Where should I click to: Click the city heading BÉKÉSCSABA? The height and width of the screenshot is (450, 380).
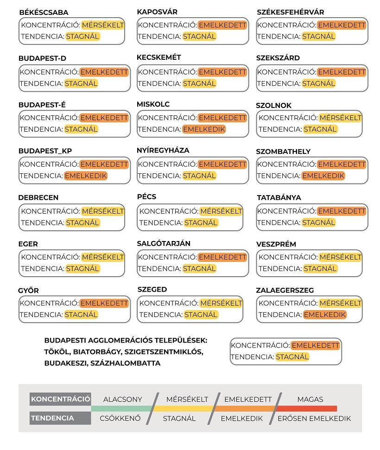click(x=44, y=13)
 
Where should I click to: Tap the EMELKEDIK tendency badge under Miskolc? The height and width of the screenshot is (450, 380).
click(x=204, y=129)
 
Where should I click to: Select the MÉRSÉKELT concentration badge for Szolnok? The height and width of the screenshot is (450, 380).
click(x=340, y=118)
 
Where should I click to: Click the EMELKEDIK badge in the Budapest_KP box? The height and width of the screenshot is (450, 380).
click(x=86, y=176)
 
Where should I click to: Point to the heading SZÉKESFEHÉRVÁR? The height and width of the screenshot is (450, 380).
click(x=291, y=12)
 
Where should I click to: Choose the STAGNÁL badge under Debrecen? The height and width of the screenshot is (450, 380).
click(x=82, y=222)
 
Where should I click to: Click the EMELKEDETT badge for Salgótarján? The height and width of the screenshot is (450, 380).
click(x=222, y=257)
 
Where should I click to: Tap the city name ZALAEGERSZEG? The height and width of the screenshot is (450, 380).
click(x=285, y=290)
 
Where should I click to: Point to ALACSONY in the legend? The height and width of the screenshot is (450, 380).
click(x=123, y=399)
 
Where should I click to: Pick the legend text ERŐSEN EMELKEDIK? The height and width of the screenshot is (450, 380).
click(x=314, y=418)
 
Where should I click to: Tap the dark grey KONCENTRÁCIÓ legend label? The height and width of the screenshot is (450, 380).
click(x=60, y=399)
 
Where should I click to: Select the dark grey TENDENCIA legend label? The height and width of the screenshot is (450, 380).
click(x=52, y=418)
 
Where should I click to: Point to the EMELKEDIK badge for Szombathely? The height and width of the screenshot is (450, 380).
click(x=323, y=176)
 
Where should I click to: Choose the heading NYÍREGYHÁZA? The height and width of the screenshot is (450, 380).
click(x=163, y=151)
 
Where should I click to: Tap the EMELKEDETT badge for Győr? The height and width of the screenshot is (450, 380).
click(x=104, y=303)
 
